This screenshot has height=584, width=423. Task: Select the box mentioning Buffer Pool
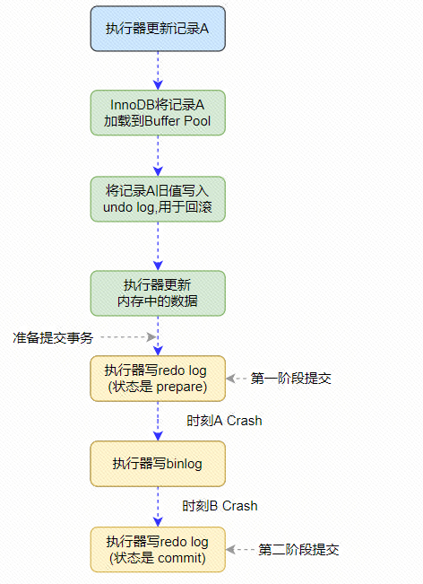click(158, 112)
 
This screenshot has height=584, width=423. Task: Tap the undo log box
click(158, 199)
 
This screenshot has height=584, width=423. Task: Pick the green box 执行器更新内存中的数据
click(158, 292)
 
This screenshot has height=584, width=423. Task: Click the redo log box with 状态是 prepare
click(158, 378)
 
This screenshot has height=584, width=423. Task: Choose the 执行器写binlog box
click(158, 463)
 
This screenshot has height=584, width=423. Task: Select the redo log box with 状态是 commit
click(158, 549)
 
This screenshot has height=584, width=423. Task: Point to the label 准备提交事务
click(52, 337)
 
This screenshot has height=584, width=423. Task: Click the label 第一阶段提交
click(290, 379)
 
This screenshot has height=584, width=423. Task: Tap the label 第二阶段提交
click(298, 549)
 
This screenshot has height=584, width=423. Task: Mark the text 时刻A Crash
click(224, 420)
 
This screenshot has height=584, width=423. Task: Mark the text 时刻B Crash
click(220, 506)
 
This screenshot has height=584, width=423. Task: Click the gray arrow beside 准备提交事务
click(127, 338)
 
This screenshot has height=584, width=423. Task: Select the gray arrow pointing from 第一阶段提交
click(237, 379)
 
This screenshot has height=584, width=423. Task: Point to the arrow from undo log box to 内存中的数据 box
click(158, 246)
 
